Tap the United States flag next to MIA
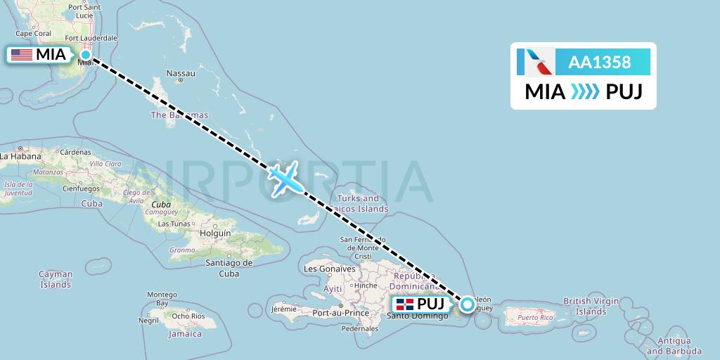click(22, 54)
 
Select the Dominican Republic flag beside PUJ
click(404, 304)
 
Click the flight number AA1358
click(599, 62)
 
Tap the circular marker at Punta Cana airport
click(467, 304)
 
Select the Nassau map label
click(181, 73)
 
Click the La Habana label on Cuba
click(19, 156)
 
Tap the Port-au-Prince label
click(341, 313)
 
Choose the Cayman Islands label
click(56, 279)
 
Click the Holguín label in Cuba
click(215, 233)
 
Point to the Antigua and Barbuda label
click(674, 346)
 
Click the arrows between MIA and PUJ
click(586, 91)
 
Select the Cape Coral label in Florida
click(33, 33)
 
